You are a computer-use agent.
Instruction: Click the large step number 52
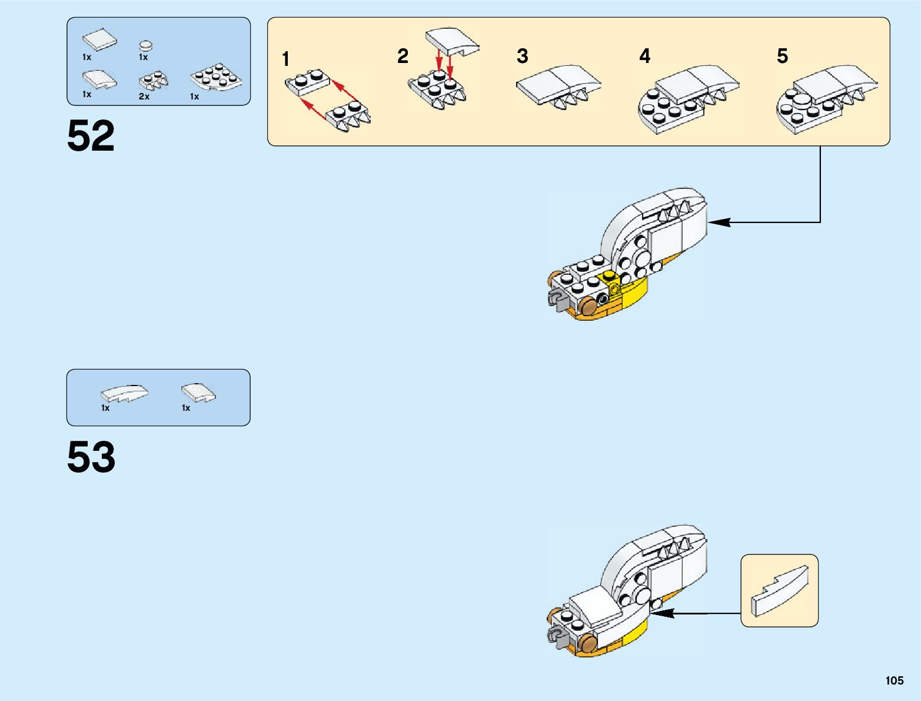91,137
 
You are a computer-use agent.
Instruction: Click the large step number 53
91,457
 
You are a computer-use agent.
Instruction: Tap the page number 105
894,680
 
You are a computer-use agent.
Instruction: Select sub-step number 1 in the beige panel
285,59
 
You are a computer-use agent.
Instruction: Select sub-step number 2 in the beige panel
403,57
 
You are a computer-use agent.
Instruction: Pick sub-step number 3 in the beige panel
522,57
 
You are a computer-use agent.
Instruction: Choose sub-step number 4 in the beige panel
645,57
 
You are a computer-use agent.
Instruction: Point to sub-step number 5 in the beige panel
782,57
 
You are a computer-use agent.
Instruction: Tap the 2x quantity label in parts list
144,97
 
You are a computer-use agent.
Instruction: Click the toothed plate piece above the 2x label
153,80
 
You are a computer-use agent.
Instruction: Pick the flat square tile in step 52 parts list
99,39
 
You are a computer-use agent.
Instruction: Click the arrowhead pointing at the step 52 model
719,222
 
